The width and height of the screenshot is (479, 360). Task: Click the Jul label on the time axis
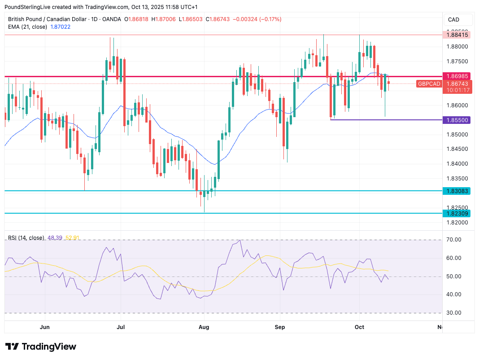(x=121, y=327)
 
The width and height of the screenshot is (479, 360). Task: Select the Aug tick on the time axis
(x=204, y=327)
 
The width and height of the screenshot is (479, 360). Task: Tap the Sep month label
(x=280, y=327)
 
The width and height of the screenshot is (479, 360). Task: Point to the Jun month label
(x=44, y=327)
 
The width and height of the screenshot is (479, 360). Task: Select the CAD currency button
(x=453, y=20)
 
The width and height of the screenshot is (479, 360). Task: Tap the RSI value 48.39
(x=54, y=237)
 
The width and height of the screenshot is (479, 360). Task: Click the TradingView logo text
(x=49, y=347)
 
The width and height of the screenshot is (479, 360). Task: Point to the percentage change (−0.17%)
(x=269, y=19)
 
